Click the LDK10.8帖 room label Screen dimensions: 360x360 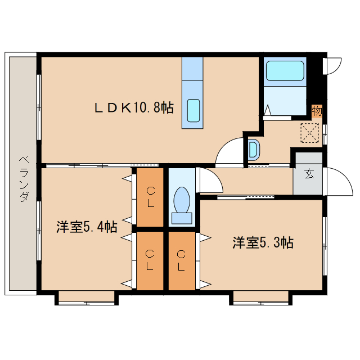click(133, 107)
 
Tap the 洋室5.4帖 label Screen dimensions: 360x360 click(86, 227)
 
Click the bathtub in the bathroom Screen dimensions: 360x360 click(285, 72)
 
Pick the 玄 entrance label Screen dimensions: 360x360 click(309, 174)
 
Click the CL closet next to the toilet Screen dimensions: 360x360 click(181, 260)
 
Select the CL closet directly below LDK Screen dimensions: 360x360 click(150, 196)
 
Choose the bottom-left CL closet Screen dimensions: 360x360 click(150, 260)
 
